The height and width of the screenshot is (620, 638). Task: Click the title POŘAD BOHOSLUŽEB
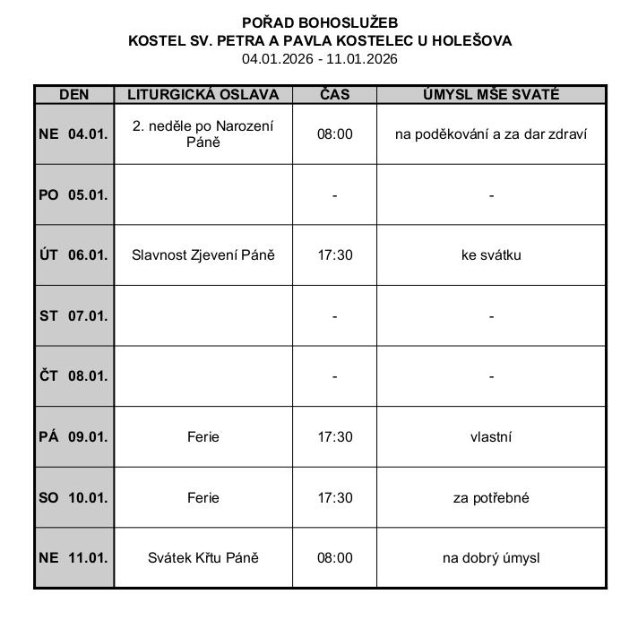(320, 22)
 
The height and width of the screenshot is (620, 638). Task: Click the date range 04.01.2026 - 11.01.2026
(320, 59)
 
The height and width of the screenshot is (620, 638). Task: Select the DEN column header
(73, 94)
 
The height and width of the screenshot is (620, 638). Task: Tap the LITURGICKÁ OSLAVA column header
(203, 94)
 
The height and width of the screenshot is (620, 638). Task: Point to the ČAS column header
(334, 94)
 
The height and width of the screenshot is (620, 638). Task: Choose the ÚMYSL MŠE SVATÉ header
(491, 94)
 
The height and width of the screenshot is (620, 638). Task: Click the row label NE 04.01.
(73, 133)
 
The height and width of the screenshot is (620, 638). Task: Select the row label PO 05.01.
(73, 194)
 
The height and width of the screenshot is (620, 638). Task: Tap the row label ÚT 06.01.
(73, 254)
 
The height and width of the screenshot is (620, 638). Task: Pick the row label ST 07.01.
(73, 315)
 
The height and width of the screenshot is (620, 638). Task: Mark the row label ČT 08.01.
(73, 376)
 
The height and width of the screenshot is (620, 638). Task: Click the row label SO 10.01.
(73, 497)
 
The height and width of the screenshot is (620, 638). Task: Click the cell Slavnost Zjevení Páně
(203, 254)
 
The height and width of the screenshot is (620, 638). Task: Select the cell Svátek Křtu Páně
(203, 557)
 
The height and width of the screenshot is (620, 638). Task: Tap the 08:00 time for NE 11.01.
(335, 557)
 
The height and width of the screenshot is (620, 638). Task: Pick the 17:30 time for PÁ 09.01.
(335, 436)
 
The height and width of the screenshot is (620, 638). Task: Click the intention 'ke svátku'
(491, 254)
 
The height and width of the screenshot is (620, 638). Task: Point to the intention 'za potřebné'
(491, 497)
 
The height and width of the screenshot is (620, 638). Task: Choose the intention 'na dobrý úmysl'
(491, 557)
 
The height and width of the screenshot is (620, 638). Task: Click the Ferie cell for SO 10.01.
(203, 497)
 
